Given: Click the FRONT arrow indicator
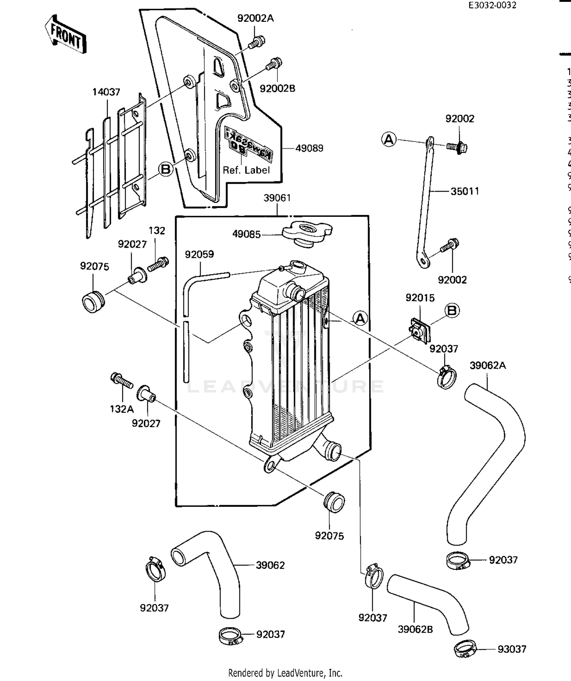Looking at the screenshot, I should (66, 34).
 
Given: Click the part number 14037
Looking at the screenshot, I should (106, 92).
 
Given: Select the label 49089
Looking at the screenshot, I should (309, 148).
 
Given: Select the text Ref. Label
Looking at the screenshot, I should (246, 170).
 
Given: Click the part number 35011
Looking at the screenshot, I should (464, 191).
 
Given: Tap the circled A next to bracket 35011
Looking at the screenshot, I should (389, 139).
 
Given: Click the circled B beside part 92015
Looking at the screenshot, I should (452, 311).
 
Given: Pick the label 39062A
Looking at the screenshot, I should (488, 365).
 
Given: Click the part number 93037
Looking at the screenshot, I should (512, 649).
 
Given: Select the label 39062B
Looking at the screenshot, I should (415, 629).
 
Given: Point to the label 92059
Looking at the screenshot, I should (199, 254).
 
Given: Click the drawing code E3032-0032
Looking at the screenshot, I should (492, 5).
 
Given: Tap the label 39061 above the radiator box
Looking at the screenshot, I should (277, 198).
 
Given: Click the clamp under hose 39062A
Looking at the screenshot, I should (458, 561).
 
